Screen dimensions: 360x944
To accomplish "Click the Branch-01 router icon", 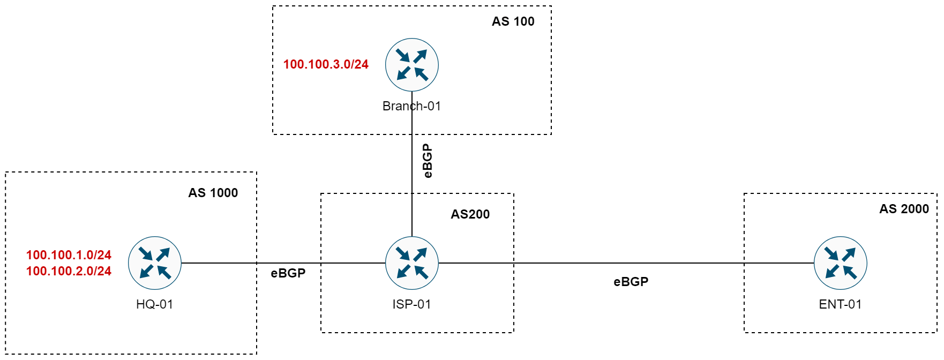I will pos(411,65).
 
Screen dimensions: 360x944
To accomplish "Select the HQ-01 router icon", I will pos(154,263).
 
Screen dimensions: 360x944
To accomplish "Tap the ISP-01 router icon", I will pos(411,263).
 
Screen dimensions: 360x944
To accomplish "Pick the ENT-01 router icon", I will pos(840,263).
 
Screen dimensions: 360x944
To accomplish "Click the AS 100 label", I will pos(513,21).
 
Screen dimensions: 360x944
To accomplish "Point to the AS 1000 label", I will pos(213,193).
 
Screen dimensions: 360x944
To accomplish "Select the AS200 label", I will pos(470,214).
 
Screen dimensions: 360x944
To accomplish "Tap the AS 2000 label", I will pos(904,209).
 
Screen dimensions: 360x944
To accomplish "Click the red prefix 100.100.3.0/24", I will pos(326,64).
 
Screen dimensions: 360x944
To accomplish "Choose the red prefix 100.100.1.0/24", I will pos(69,255).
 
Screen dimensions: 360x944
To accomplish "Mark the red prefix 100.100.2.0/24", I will pos(69,271).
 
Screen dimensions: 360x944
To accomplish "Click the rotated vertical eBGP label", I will pos(427,161).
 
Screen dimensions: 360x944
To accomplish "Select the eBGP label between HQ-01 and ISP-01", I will pos(288,273).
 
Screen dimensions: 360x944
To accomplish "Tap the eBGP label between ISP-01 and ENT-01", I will pos(631,282).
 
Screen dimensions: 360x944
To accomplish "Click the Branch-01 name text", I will pos(411,106).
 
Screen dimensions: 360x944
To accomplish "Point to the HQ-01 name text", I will pos(154,304).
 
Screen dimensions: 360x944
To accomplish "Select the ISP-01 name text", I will pos(411,304).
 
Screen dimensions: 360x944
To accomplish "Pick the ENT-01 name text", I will pos(840,304).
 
